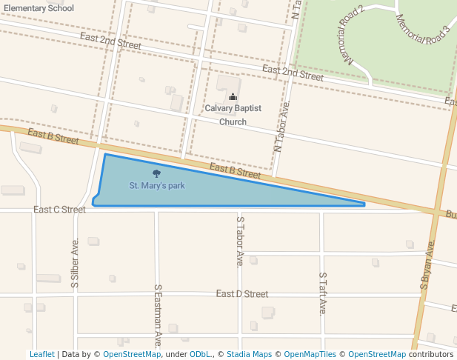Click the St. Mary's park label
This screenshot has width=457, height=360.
(157, 185)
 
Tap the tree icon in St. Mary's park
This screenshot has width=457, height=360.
(156, 173)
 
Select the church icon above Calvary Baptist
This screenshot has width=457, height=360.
(233, 96)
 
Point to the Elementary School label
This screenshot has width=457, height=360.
(39, 8)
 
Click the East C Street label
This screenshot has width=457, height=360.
(59, 210)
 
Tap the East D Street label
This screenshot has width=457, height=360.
(242, 294)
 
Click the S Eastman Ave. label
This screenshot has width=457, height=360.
(158, 316)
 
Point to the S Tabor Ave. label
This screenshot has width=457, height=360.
(240, 241)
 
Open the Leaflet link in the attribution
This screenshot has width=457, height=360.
(41, 354)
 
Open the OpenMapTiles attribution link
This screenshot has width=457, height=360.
(310, 354)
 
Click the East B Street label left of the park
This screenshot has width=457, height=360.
(53, 136)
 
